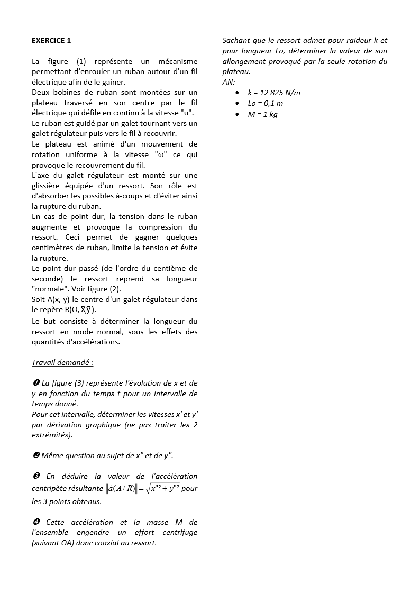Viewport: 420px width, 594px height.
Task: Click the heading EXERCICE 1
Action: tap(51, 41)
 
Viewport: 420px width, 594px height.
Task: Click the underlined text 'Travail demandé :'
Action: tap(62, 362)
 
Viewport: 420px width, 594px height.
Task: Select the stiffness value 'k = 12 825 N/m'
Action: tap(274, 93)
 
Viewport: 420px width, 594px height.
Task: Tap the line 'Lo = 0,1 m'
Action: tap(265, 104)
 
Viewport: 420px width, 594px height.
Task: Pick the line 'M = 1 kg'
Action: tap(262, 114)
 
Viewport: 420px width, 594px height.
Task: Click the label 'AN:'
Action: tap(229, 82)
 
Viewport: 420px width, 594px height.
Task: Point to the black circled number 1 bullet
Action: tap(35, 383)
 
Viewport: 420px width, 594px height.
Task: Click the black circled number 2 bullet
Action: tap(35, 455)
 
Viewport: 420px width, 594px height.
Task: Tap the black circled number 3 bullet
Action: tap(35, 476)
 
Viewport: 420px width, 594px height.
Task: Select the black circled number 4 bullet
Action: tap(35, 522)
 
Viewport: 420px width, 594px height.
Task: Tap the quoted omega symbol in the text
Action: tap(161, 154)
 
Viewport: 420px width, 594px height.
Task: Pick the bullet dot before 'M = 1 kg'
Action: tap(239, 114)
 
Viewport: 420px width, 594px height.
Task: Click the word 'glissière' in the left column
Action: tap(47, 186)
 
